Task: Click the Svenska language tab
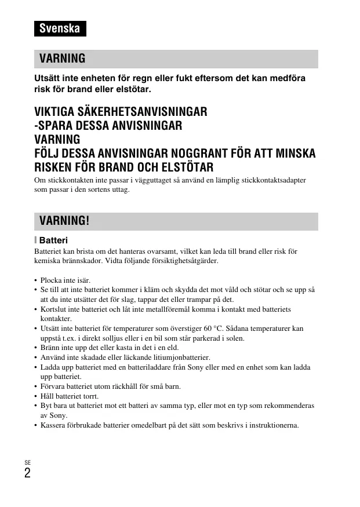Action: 60,28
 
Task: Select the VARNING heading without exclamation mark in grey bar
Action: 62,59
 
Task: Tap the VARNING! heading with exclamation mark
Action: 64,221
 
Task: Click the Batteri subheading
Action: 53,240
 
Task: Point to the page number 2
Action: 27,473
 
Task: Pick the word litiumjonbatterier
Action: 184,358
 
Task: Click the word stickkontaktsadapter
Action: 274,181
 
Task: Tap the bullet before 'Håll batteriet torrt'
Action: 36,396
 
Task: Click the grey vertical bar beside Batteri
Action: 35,240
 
